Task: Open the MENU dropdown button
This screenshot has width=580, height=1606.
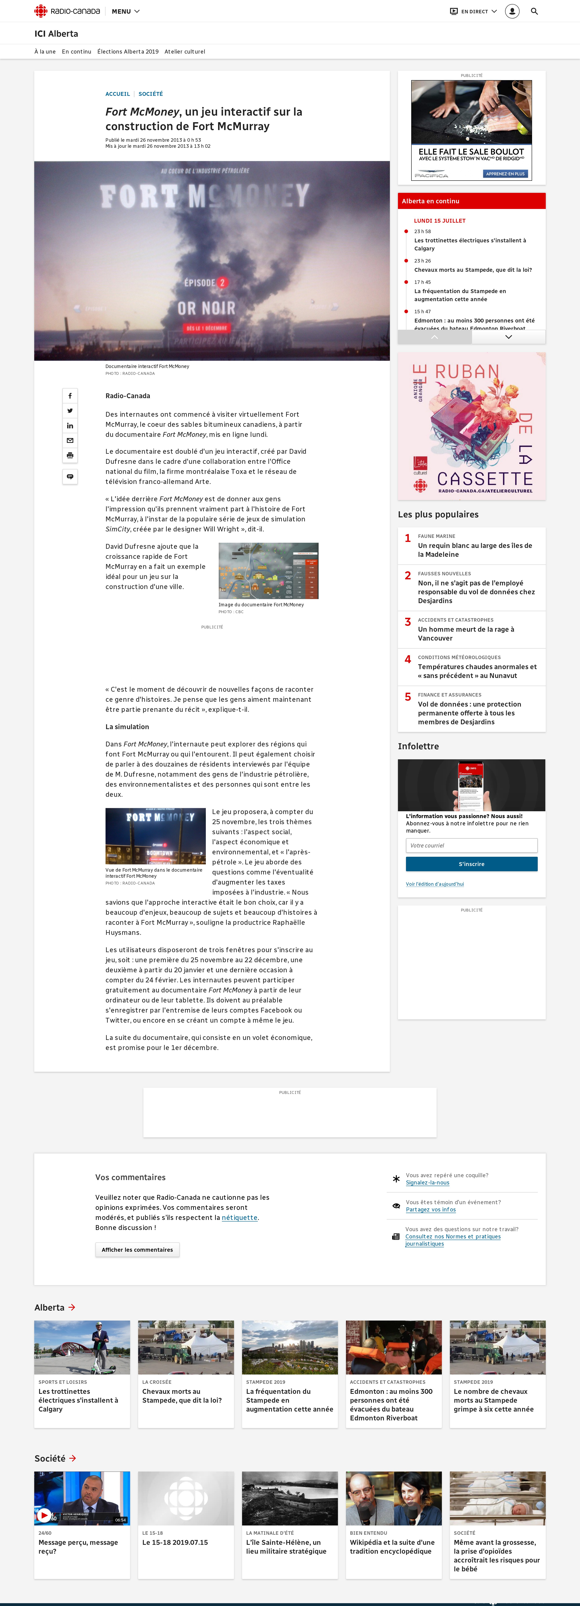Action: [x=125, y=11]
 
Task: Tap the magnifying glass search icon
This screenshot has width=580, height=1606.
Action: [x=534, y=11]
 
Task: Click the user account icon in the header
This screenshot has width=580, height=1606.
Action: [x=512, y=11]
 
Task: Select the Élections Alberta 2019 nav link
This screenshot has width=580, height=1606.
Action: [x=128, y=52]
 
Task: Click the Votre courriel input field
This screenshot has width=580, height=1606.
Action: [x=471, y=845]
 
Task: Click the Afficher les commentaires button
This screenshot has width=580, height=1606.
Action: [x=137, y=1249]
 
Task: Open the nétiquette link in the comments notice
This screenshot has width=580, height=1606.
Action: [x=239, y=1218]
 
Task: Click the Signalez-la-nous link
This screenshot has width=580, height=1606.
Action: [x=427, y=1183]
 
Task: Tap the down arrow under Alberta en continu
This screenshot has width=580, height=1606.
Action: [x=508, y=337]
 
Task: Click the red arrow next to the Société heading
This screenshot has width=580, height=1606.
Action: [x=73, y=1458]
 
